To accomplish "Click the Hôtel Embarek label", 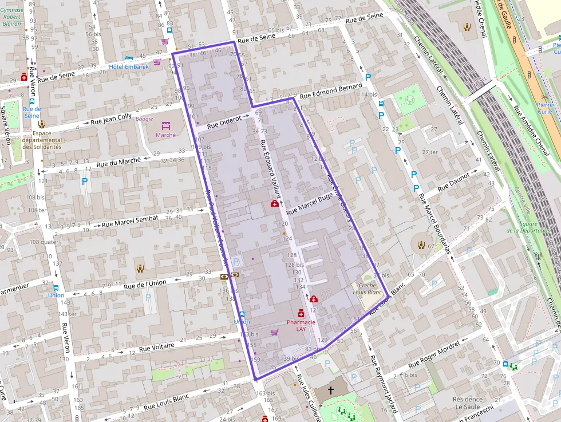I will (129, 66).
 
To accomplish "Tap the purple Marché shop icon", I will (166, 125).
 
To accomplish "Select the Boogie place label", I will (144, 119).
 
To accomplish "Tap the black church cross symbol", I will (330, 390).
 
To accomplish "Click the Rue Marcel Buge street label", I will (309, 204).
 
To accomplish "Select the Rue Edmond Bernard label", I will (331, 91).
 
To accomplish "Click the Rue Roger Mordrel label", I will (433, 357).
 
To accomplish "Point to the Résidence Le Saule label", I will (467, 403).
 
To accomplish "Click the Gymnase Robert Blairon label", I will (11, 17).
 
